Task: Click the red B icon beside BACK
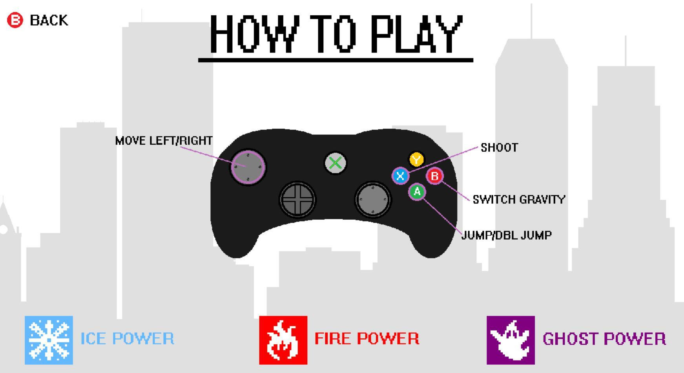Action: (15, 20)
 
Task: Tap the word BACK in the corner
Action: (49, 20)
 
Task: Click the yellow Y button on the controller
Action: (416, 160)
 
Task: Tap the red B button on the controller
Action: (434, 176)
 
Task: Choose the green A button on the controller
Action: (417, 192)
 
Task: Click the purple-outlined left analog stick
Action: (248, 167)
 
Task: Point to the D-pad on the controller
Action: (297, 199)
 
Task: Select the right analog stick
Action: (373, 199)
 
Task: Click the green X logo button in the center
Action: (335, 163)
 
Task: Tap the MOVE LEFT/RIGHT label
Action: (164, 141)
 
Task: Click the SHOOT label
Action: (500, 147)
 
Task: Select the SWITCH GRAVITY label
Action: (519, 200)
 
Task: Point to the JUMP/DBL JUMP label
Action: (507, 235)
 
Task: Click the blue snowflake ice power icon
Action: (49, 340)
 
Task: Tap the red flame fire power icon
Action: (283, 340)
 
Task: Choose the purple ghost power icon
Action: (511, 340)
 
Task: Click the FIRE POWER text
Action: (367, 338)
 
